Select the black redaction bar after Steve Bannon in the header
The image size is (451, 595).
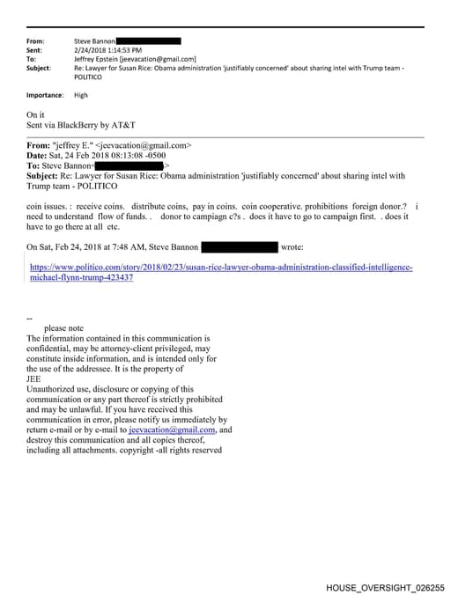click(x=148, y=40)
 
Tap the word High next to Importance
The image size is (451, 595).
click(x=80, y=95)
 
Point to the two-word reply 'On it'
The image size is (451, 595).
click(x=36, y=114)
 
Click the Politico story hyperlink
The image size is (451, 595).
click(x=220, y=271)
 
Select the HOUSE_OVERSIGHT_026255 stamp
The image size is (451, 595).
click(x=385, y=586)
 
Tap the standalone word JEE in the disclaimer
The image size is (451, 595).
click(x=34, y=379)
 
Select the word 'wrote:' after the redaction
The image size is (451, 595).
click(x=292, y=247)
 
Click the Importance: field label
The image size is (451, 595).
click(x=45, y=95)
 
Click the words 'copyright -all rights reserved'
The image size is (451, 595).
click(x=174, y=451)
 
